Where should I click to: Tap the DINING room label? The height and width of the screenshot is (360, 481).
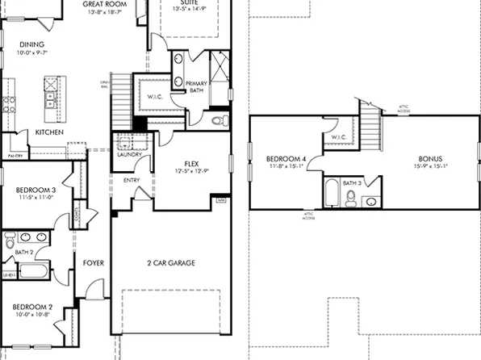(x=31, y=44)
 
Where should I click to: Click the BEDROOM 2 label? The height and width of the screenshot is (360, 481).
(x=32, y=308)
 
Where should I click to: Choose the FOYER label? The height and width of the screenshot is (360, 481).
(x=94, y=263)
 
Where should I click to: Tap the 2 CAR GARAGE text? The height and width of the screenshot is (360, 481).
(x=170, y=263)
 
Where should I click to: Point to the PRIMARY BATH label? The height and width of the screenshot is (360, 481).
(x=197, y=87)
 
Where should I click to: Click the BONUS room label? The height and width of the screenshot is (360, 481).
(x=429, y=159)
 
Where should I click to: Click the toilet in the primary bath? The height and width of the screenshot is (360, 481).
(x=219, y=121)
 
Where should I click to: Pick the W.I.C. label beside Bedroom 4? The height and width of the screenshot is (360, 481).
(x=339, y=137)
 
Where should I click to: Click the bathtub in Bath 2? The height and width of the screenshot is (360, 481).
(x=34, y=270)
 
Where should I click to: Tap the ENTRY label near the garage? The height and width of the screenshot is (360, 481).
(x=131, y=181)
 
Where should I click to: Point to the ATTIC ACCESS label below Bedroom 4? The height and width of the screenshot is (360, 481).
(x=309, y=216)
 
